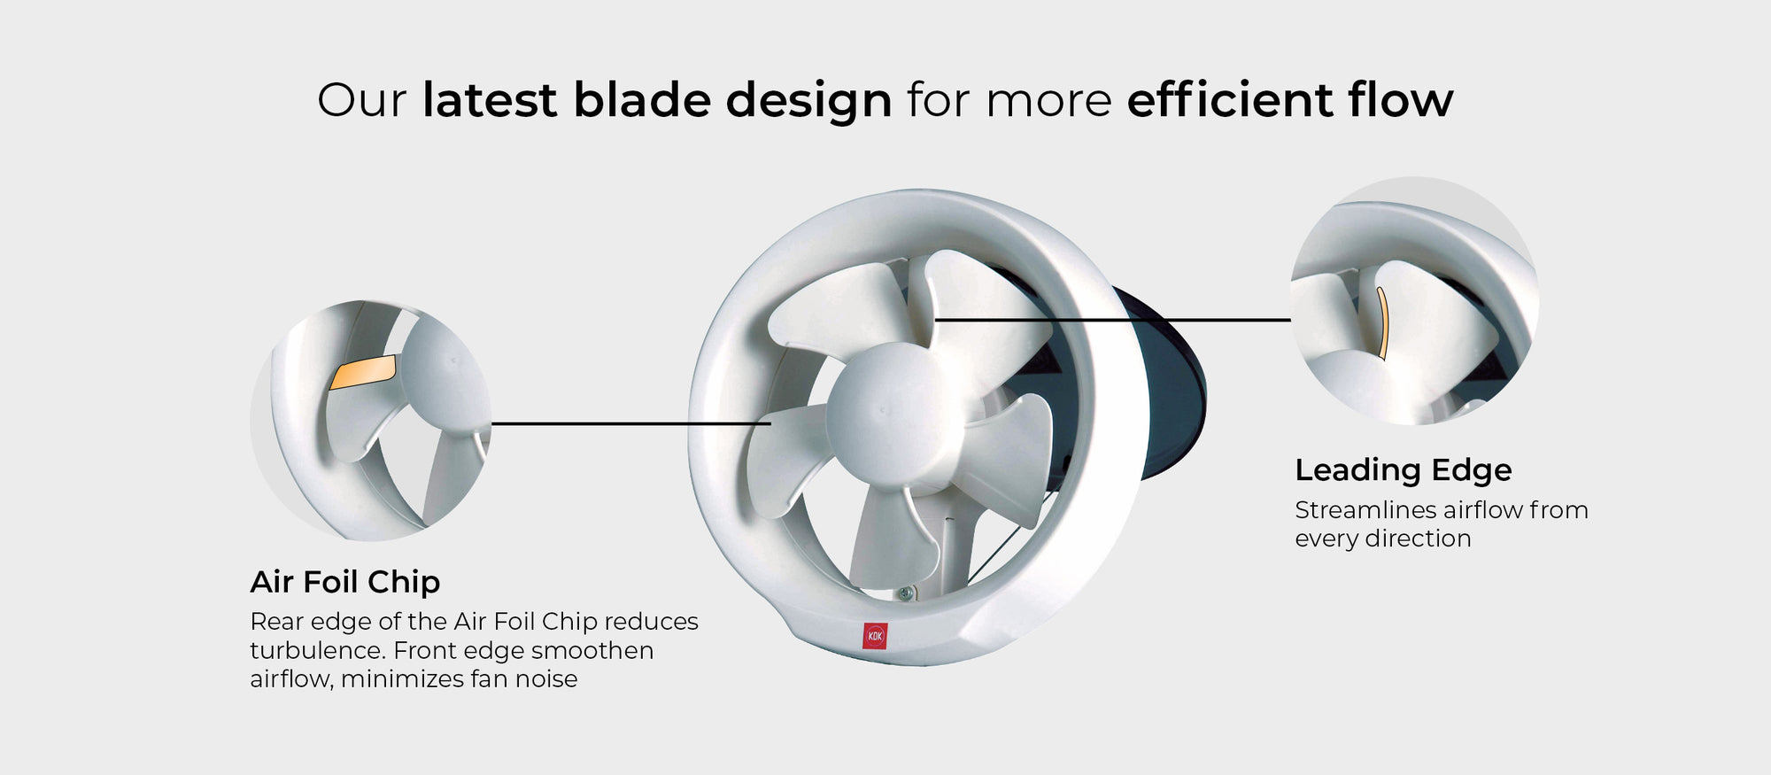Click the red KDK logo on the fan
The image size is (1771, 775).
875,636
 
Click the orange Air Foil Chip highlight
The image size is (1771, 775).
363,372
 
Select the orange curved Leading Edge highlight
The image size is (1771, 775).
1382,322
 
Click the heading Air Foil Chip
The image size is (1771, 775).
344,582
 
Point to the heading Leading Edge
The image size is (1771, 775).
1403,470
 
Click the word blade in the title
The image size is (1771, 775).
642,99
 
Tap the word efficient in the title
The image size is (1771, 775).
1230,99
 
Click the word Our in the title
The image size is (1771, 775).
361,100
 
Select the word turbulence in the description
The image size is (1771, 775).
316,650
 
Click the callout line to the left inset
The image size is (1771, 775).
630,423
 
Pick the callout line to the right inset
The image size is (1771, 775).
1112,319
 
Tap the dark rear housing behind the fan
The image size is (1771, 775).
1169,390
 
